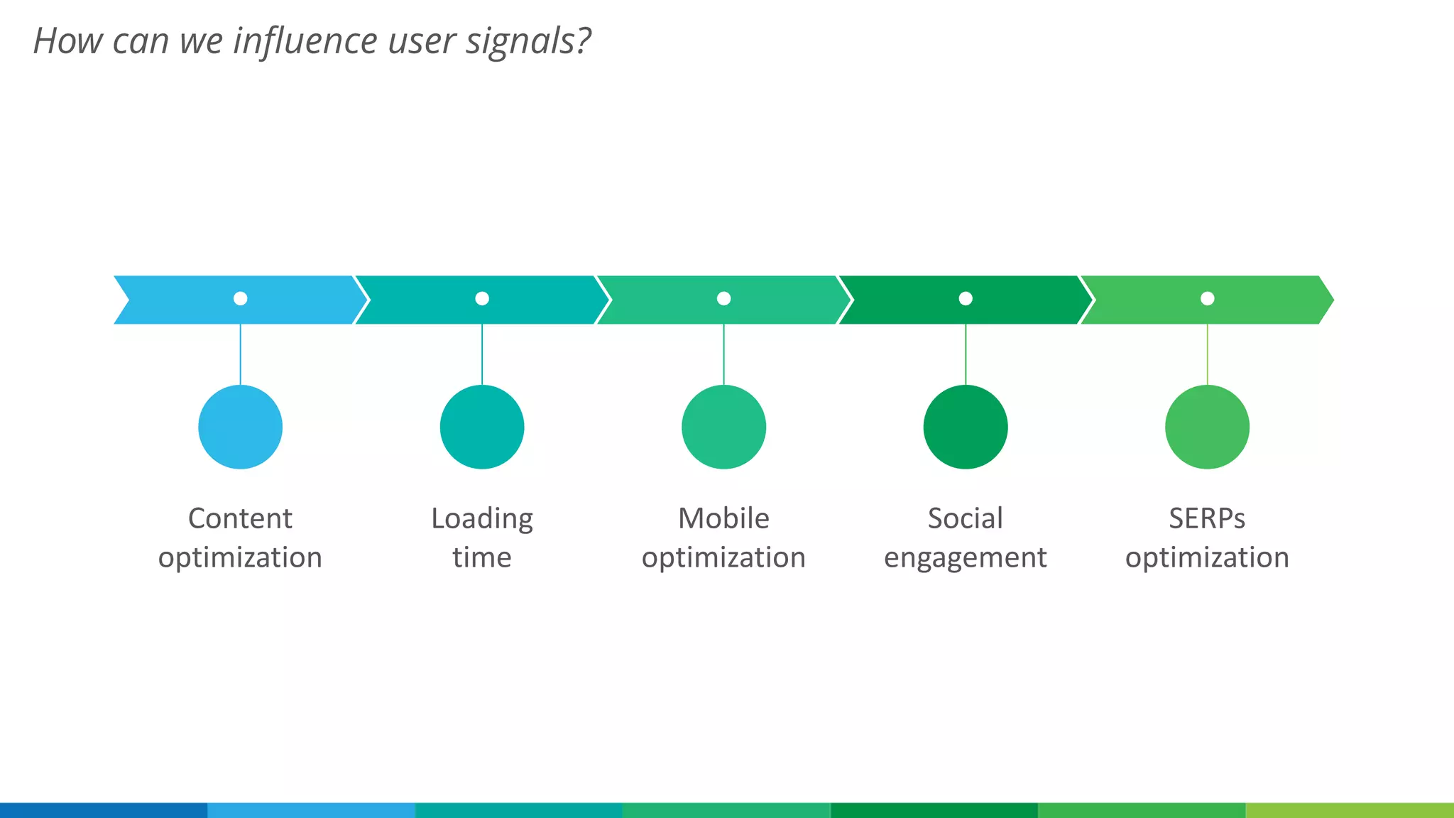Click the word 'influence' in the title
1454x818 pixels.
pyautogui.click(x=306, y=40)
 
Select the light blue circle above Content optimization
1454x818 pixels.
pyautogui.click(x=241, y=427)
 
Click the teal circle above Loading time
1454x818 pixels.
pyautogui.click(x=482, y=427)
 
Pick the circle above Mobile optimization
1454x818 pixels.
pyautogui.click(x=723, y=427)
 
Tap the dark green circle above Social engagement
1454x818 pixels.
pyautogui.click(x=966, y=427)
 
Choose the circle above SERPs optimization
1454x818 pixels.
pyautogui.click(x=1207, y=427)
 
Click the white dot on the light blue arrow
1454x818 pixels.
pyautogui.click(x=241, y=298)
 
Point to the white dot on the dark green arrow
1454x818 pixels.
pyautogui.click(x=966, y=298)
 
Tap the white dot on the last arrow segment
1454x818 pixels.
pyautogui.click(x=1207, y=298)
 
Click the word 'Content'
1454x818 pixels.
pyautogui.click(x=240, y=518)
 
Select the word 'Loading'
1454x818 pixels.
pyautogui.click(x=482, y=519)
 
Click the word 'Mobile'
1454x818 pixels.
pyautogui.click(x=723, y=518)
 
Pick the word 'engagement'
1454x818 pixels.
pyautogui.click(x=966, y=558)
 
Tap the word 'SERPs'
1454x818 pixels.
pyautogui.click(x=1207, y=518)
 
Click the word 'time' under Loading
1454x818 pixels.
pyautogui.click(x=482, y=557)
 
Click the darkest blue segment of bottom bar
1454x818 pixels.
pyautogui.click(x=104, y=810)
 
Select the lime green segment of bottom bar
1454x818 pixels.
pyautogui.click(x=1350, y=810)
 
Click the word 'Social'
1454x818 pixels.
pyautogui.click(x=966, y=518)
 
